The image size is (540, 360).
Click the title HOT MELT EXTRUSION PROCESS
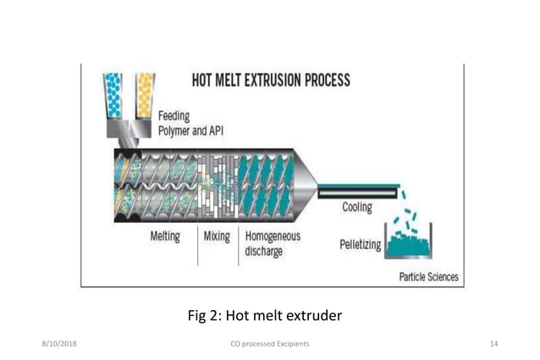(x=270, y=81)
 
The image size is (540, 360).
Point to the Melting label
(x=164, y=237)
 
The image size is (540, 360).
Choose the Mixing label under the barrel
(x=217, y=237)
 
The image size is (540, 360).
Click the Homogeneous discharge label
(x=273, y=244)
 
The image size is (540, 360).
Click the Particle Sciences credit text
(x=428, y=277)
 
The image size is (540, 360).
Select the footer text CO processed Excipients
(x=269, y=344)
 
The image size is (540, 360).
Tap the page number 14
(x=494, y=344)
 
